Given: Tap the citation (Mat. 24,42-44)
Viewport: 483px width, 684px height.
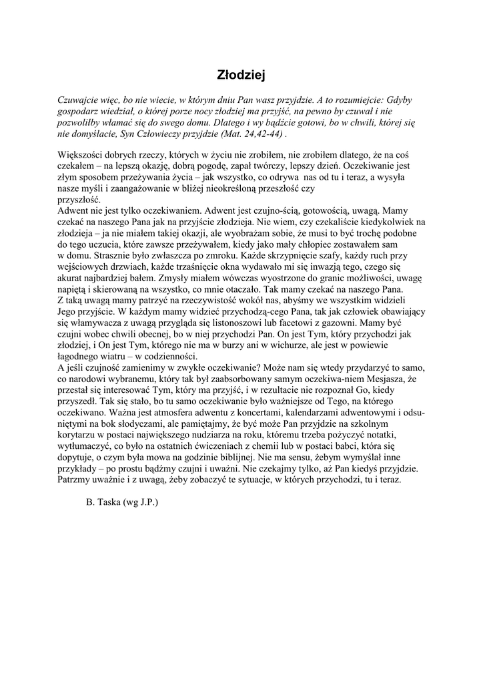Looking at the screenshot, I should pos(251,133).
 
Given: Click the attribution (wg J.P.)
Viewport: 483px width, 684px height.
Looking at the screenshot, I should pos(139,501).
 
